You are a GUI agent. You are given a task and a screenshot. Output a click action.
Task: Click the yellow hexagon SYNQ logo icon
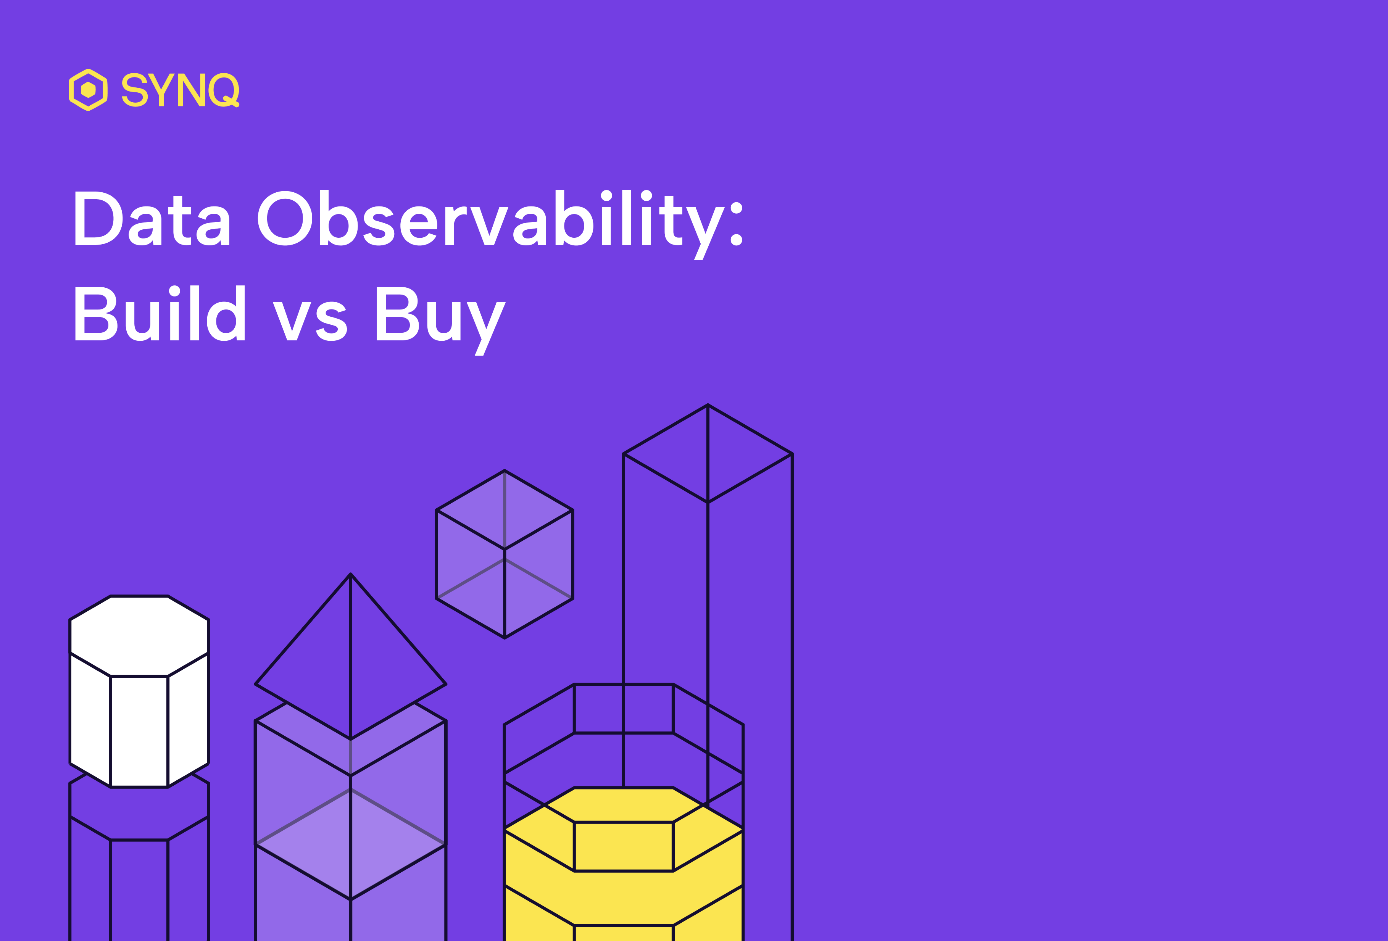pyautogui.click(x=89, y=90)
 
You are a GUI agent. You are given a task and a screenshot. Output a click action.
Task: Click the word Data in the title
pyautogui.click(x=152, y=219)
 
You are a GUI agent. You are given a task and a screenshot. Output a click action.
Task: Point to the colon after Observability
pyautogui.click(x=737, y=224)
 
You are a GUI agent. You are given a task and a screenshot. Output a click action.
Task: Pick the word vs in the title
pyautogui.click(x=310, y=321)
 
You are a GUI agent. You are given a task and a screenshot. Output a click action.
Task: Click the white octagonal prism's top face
pyautogui.click(x=139, y=635)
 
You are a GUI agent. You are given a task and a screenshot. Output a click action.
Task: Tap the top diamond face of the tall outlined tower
pyautogui.click(x=708, y=454)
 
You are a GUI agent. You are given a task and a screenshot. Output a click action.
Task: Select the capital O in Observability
pyautogui.click(x=285, y=219)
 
